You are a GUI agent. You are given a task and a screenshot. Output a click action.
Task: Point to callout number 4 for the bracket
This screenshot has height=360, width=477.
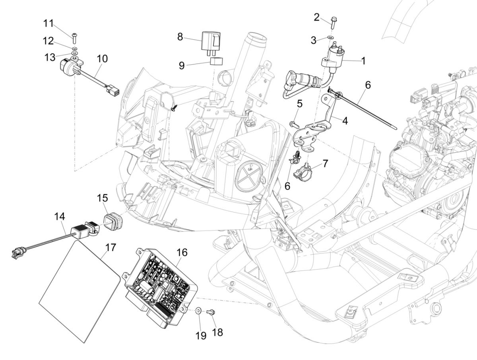[345, 121]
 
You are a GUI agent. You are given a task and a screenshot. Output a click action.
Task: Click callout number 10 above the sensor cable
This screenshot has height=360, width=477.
[102, 59]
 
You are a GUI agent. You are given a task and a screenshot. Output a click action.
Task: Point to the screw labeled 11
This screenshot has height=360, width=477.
[75, 38]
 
